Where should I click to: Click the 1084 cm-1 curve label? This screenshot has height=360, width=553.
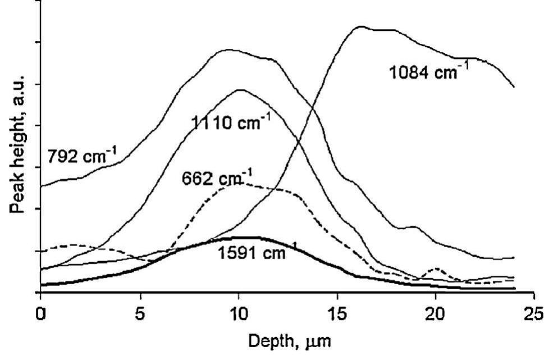tap(429, 73)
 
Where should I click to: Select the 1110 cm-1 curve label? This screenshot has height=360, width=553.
tap(227, 123)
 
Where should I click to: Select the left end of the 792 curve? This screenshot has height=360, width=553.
tap(41, 186)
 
